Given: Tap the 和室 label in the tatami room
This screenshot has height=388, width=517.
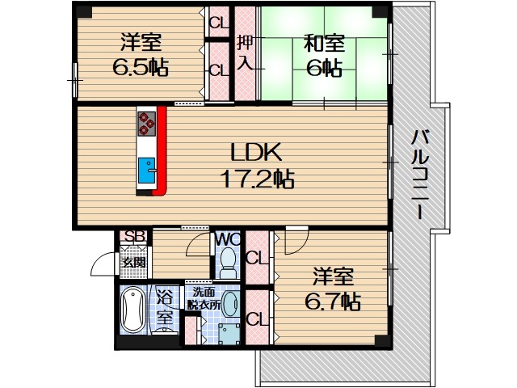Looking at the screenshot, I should pyautogui.click(x=325, y=43).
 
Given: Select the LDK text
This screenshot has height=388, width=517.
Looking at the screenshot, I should pyautogui.click(x=257, y=151).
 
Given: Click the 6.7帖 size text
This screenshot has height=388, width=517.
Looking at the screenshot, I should pyautogui.click(x=333, y=302).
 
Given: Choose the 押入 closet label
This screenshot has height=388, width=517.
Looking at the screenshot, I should pyautogui.click(x=245, y=53).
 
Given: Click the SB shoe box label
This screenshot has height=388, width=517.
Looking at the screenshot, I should pyautogui.click(x=133, y=237).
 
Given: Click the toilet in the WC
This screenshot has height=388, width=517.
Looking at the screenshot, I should pyautogui.click(x=227, y=263).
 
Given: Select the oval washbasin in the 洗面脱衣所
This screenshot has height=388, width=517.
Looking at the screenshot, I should pyautogui.click(x=230, y=305).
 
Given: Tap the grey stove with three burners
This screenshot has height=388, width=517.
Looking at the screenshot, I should pyautogui.click(x=147, y=121).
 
